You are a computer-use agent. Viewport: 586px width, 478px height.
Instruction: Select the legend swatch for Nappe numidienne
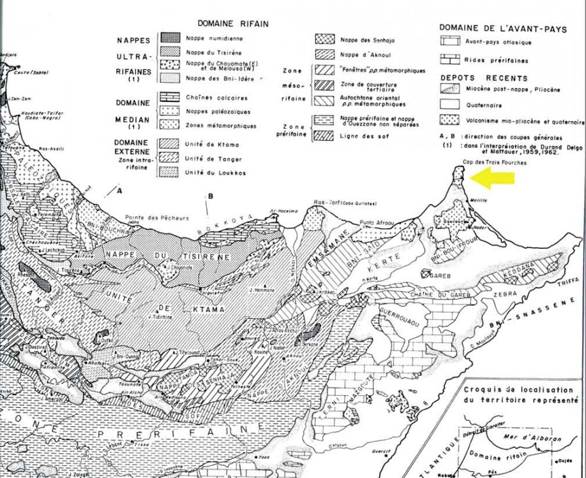pyautogui.click(x=169, y=38)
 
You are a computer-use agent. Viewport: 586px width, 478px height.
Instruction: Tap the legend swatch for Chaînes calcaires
pyautogui.click(x=169, y=98)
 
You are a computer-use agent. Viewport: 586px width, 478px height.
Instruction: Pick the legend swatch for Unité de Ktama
pyautogui.click(x=169, y=144)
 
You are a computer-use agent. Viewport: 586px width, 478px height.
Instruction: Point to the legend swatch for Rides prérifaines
pyautogui.click(x=450, y=61)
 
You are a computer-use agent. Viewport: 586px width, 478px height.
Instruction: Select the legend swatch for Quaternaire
pyautogui.click(x=450, y=106)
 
